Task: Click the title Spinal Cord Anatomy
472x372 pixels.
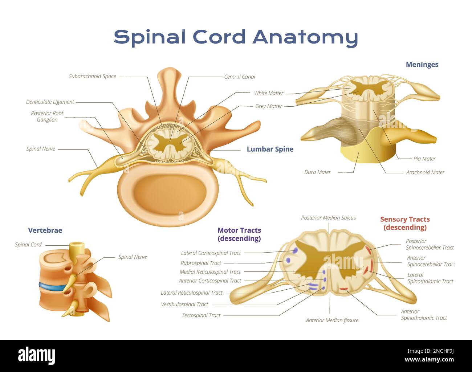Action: pyautogui.click(x=236, y=37)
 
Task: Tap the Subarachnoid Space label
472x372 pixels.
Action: pyautogui.click(x=92, y=76)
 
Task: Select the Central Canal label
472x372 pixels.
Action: pyautogui.click(x=239, y=77)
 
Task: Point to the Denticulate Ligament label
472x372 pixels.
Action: pyautogui.click(x=50, y=102)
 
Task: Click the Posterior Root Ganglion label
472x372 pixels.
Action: pyautogui.click(x=47, y=116)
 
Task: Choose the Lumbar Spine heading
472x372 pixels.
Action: pyautogui.click(x=270, y=149)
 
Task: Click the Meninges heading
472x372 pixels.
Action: pyautogui.click(x=422, y=65)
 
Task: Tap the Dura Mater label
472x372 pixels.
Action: pyautogui.click(x=317, y=172)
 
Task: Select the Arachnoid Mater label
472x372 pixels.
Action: pyautogui.click(x=425, y=172)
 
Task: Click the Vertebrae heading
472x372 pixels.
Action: pyautogui.click(x=45, y=230)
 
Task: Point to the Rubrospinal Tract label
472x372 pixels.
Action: pyautogui.click(x=201, y=263)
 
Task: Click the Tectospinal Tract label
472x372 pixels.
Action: pyautogui.click(x=201, y=315)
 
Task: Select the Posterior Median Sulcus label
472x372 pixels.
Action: pyautogui.click(x=328, y=218)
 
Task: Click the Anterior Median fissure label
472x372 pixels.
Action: pyautogui.click(x=332, y=320)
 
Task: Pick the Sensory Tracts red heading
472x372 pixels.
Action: pyautogui.click(x=405, y=223)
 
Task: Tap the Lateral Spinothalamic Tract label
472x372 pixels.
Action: pyautogui.click(x=430, y=278)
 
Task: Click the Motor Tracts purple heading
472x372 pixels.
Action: pyautogui.click(x=239, y=234)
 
